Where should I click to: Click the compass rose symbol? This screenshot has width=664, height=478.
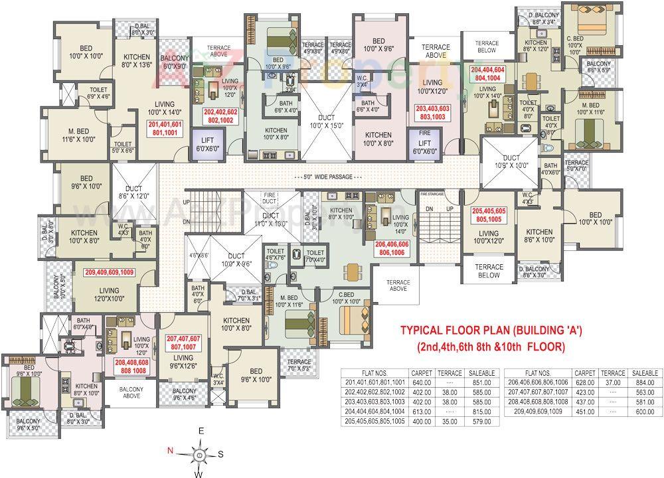coord(200,454)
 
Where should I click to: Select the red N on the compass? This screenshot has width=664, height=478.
coord(171,451)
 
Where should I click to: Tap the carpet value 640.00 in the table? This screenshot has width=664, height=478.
coord(421,382)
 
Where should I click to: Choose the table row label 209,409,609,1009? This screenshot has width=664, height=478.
coord(539,411)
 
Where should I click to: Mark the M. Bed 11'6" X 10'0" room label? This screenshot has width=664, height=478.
coord(79,135)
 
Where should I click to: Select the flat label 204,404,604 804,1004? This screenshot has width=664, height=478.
coord(488,73)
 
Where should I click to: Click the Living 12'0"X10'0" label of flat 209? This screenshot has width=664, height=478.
coord(109,294)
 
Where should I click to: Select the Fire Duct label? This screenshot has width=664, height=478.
coord(270,197)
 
